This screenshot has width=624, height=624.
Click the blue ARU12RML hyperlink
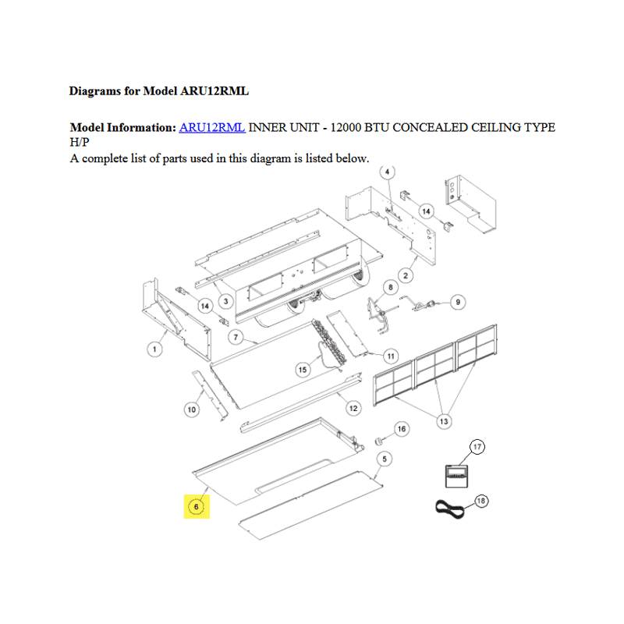211,127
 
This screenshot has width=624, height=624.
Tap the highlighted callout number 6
197,506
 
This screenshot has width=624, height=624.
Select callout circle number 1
154,349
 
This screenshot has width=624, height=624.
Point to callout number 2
406,275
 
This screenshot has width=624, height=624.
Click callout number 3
225,301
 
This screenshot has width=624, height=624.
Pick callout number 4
387,172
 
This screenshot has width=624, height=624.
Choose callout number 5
385,459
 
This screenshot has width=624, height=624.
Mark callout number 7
236,338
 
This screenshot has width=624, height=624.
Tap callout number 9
458,302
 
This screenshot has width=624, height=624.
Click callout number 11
391,356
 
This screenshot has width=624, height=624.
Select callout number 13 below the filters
444,421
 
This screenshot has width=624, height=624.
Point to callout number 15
303,370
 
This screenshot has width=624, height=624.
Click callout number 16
402,428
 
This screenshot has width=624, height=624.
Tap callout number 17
477,447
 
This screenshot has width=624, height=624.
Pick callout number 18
481,501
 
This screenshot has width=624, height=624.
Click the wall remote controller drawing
456,476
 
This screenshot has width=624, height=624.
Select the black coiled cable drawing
450,509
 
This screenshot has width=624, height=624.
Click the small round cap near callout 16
378,441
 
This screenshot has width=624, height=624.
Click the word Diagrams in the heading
94,91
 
